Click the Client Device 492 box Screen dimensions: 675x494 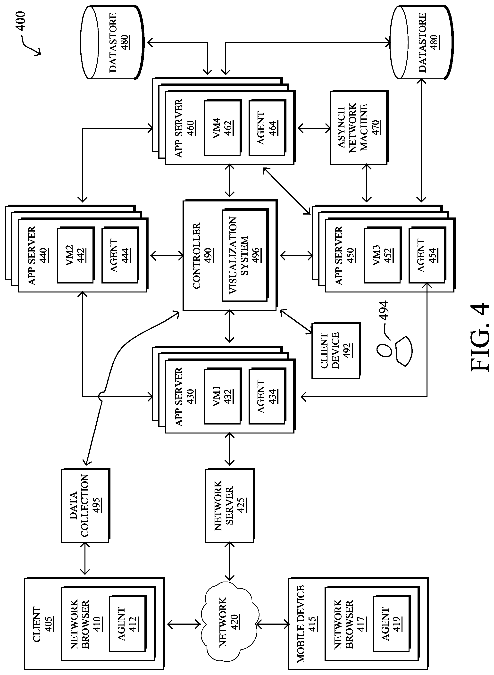click(x=335, y=350)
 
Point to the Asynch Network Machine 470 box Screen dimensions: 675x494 click(x=359, y=127)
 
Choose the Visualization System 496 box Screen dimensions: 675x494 click(x=245, y=255)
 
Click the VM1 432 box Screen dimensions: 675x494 click(x=222, y=396)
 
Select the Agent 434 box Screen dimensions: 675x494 click(x=267, y=396)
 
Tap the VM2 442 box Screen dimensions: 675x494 click(x=75, y=255)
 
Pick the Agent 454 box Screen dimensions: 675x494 click(x=427, y=255)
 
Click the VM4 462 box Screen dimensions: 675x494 click(x=222, y=128)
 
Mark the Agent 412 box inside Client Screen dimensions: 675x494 click(x=127, y=624)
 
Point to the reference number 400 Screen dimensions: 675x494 click(x=21, y=21)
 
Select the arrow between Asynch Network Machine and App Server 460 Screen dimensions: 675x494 click(x=314, y=129)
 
